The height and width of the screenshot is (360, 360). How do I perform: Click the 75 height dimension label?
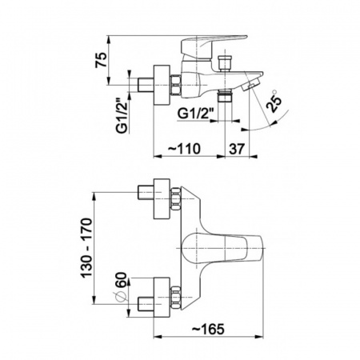[x=101, y=60]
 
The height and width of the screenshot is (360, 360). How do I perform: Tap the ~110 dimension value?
[x=184, y=149]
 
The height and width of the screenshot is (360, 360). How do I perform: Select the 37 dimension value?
[x=237, y=149]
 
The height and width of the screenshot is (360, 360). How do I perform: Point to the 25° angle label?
[x=274, y=101]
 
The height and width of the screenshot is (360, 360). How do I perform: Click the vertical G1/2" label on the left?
[x=122, y=116]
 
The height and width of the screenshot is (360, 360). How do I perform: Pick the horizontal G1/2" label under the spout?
[x=195, y=114]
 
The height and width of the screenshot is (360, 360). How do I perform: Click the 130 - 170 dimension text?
[x=87, y=248]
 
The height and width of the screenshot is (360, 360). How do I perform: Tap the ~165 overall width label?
[x=208, y=329]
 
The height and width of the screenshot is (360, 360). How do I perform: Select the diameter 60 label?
[x=121, y=286]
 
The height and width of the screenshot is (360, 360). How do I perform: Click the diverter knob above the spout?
[x=225, y=62]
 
